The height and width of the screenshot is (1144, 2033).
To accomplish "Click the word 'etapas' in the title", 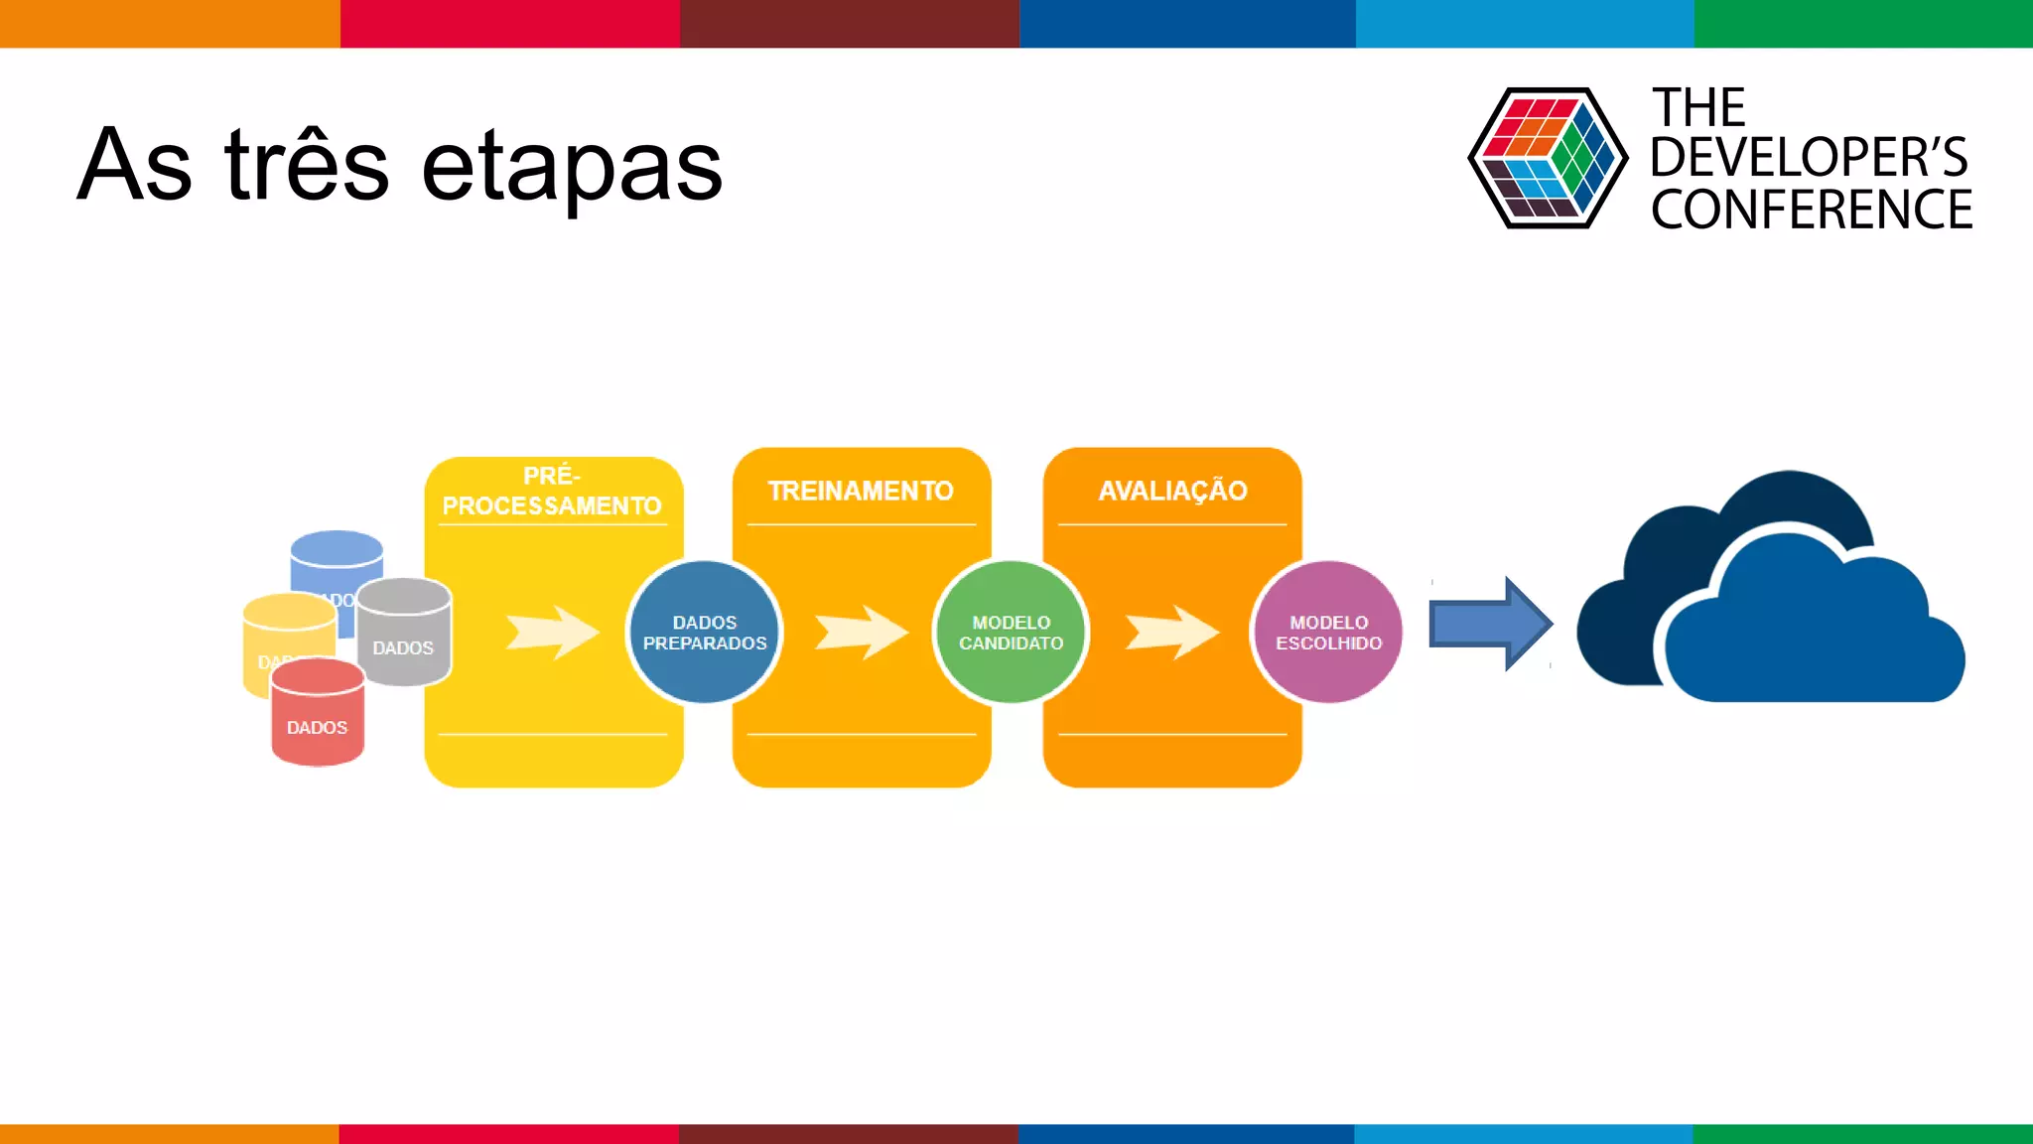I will coord(572,167).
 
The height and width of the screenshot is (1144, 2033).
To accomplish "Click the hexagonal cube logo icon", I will coord(1548,158).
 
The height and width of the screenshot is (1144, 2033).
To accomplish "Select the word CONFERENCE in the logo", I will coord(1812,211).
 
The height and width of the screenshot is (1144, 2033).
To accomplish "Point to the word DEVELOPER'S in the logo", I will coord(1809,158).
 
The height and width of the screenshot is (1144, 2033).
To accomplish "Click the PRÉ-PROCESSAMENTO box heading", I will coord(552,491).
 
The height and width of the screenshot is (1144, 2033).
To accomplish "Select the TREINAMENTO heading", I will coord(861,491).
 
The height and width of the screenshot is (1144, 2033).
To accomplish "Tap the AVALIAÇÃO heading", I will coord(1172,491).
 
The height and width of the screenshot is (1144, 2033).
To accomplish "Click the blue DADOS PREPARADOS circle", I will coord(705,633).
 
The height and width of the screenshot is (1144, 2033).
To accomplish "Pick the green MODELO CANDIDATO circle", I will coord(1011,633).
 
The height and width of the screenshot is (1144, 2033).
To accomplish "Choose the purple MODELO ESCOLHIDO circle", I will coord(1328,633).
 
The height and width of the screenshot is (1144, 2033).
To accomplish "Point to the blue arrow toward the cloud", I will coord(1489,624).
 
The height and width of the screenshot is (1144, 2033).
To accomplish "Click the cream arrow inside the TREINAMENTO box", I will coord(860,632).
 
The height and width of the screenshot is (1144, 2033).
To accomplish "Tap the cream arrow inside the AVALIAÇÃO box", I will coord(1171,632).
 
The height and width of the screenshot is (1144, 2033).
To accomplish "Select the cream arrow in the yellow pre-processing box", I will coord(552,632).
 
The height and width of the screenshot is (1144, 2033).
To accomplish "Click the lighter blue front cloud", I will coord(1807,636).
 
